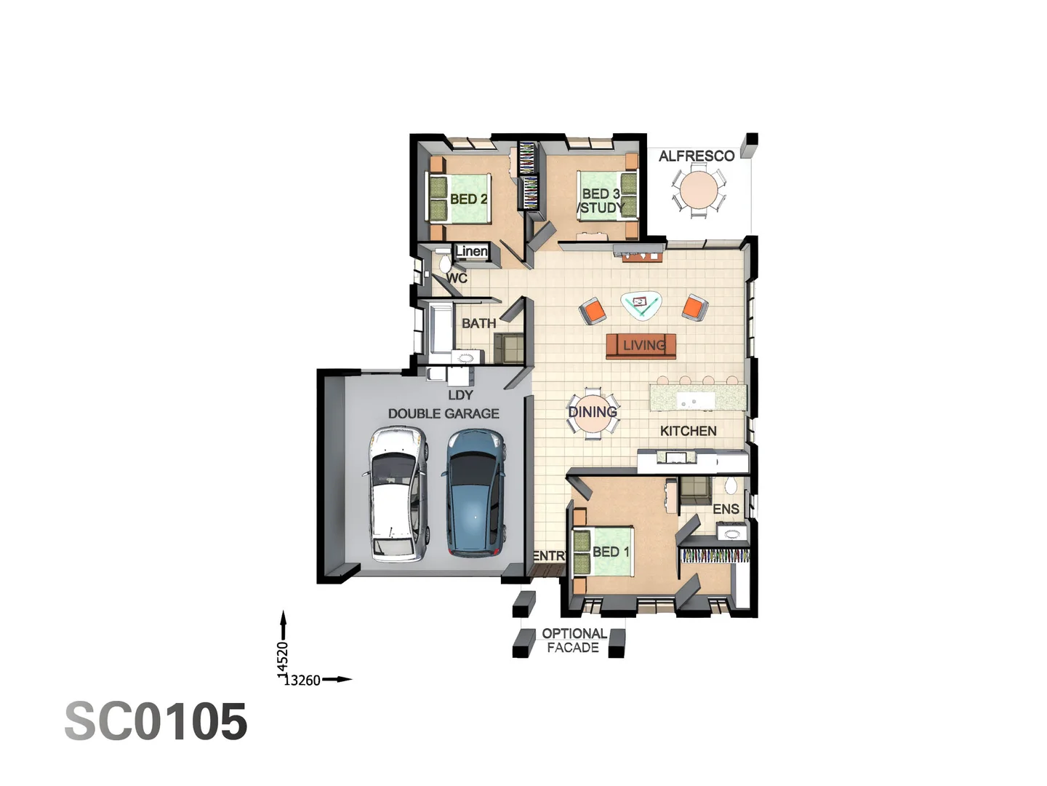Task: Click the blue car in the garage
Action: point(475,493)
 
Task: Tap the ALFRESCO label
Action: point(696,156)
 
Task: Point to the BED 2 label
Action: point(468,199)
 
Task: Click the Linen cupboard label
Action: point(471,252)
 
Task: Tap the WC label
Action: point(457,278)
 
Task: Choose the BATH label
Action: point(478,323)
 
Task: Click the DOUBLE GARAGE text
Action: point(444,413)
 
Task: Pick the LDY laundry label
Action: point(460,395)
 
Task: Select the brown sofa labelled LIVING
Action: point(641,346)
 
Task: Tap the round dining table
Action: point(593,413)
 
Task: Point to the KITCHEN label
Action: point(688,431)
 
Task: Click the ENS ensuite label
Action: point(726,509)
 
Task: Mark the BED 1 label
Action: point(611,552)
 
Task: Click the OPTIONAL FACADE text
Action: point(574,640)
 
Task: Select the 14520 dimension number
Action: point(283,659)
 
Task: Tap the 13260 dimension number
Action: point(302,680)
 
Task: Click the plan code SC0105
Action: point(156,722)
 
